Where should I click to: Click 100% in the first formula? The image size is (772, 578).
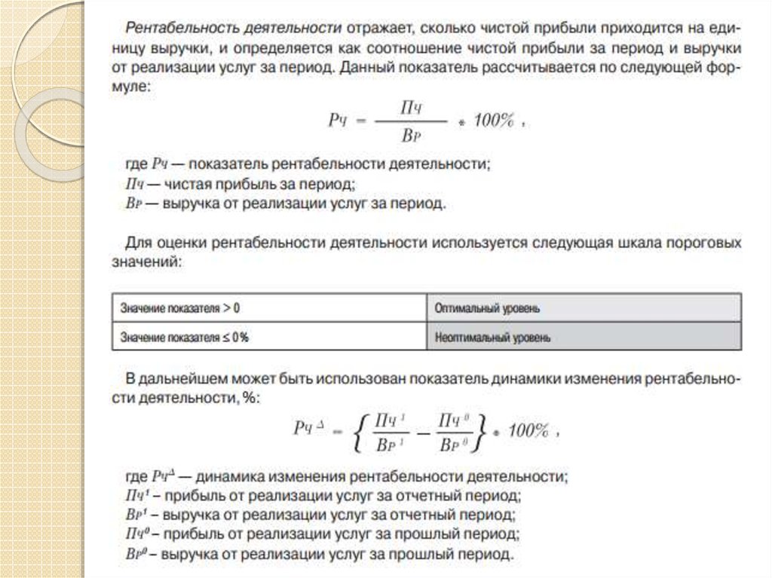point(494,121)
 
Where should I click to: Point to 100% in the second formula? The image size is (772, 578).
point(528,430)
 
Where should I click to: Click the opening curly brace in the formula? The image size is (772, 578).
point(361,433)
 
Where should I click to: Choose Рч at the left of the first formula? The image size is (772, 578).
point(336,122)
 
